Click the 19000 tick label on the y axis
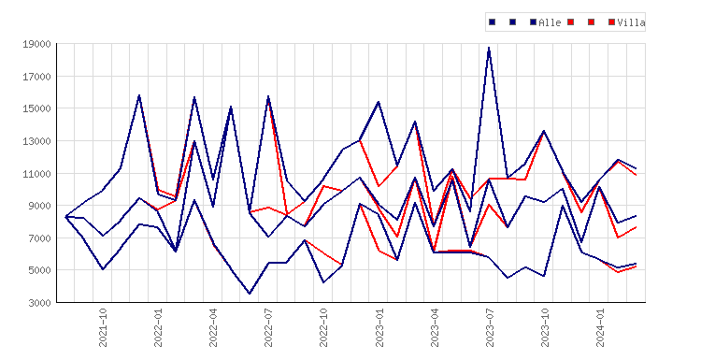(x=36, y=44)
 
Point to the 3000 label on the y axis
(x=39, y=303)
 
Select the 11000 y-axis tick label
(x=36, y=174)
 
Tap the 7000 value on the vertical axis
(x=39, y=238)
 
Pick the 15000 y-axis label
(x=36, y=108)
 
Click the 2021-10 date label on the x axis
(x=103, y=327)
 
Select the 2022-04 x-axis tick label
(x=213, y=327)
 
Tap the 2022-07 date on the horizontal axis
(x=268, y=327)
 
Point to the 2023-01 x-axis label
(x=379, y=327)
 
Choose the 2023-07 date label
(x=490, y=327)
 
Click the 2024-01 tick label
(x=600, y=327)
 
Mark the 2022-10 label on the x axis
(x=323, y=327)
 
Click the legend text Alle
(x=550, y=22)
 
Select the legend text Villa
(x=631, y=22)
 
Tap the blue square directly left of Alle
(x=533, y=22)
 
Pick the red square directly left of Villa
(x=611, y=22)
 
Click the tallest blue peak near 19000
(x=489, y=48)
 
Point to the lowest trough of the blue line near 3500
(x=250, y=294)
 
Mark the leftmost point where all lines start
(x=66, y=216)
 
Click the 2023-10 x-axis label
(x=545, y=327)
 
